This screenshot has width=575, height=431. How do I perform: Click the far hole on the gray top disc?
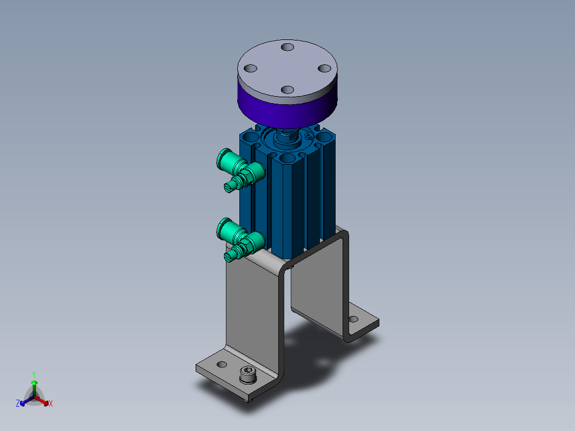tap(287, 48)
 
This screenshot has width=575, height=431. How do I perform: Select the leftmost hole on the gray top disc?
tap(250, 69)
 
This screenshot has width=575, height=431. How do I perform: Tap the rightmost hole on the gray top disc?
tap(325, 68)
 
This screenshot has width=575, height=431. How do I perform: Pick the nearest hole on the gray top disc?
tap(287, 90)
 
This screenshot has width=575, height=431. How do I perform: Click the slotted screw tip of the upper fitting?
tap(229, 187)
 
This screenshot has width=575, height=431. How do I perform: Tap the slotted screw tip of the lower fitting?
tap(229, 257)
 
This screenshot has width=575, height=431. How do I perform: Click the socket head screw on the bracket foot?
tap(248, 375)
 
